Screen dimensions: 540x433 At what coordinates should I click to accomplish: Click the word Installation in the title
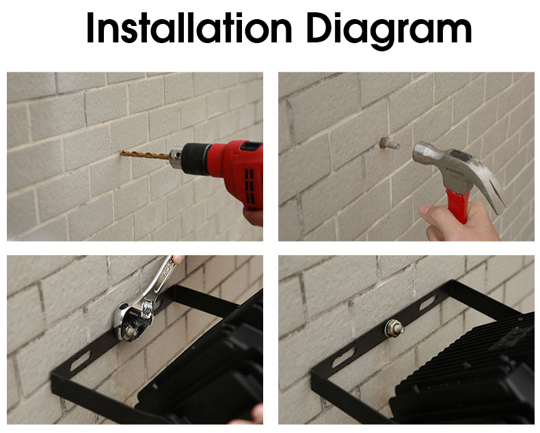189,27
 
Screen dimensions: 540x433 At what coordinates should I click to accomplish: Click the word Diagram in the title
389,30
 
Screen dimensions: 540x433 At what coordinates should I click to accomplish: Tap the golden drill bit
145,155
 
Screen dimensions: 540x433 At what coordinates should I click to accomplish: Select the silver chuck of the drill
176,157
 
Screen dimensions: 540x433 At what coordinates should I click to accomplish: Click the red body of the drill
238,169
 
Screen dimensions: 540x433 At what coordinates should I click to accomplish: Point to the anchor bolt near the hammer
389,143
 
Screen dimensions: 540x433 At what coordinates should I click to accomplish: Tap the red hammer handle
458,205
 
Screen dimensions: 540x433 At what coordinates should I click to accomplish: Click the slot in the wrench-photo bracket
80,360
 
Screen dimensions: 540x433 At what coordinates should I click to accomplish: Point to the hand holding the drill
253,218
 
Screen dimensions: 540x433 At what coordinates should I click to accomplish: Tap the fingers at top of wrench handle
178,259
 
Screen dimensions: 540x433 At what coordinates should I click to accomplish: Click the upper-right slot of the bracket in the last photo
428,302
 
